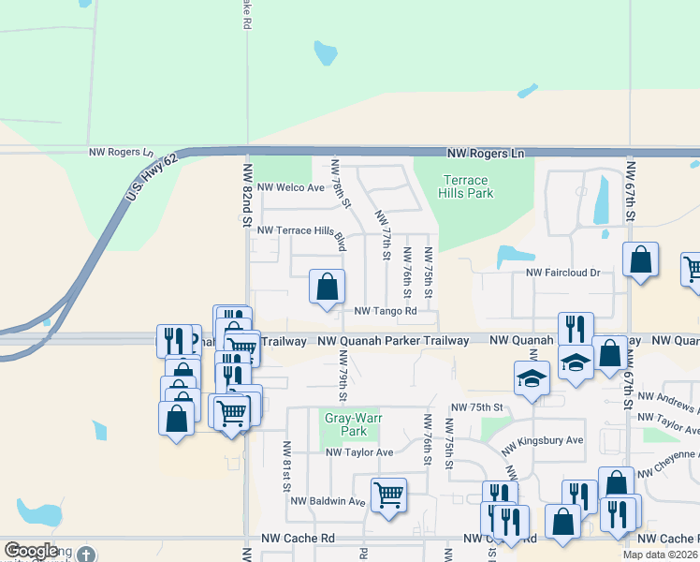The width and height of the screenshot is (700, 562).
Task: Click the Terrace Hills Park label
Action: click(465, 186)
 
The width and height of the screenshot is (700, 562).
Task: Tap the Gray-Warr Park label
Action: click(345, 424)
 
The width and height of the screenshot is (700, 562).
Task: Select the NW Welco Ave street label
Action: click(290, 187)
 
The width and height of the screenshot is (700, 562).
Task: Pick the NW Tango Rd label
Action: click(385, 311)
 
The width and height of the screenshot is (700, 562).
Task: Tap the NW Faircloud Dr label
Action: click(562, 273)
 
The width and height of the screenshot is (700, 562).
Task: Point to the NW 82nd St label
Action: click(248, 195)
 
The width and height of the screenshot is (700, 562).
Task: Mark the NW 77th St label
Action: click(383, 235)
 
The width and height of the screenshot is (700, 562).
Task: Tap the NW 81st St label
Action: click(286, 466)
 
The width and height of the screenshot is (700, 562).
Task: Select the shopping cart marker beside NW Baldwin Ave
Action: click(388, 495)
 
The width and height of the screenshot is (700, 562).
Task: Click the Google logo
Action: click(31, 552)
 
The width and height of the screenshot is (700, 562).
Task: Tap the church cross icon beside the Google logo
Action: click(86, 555)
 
